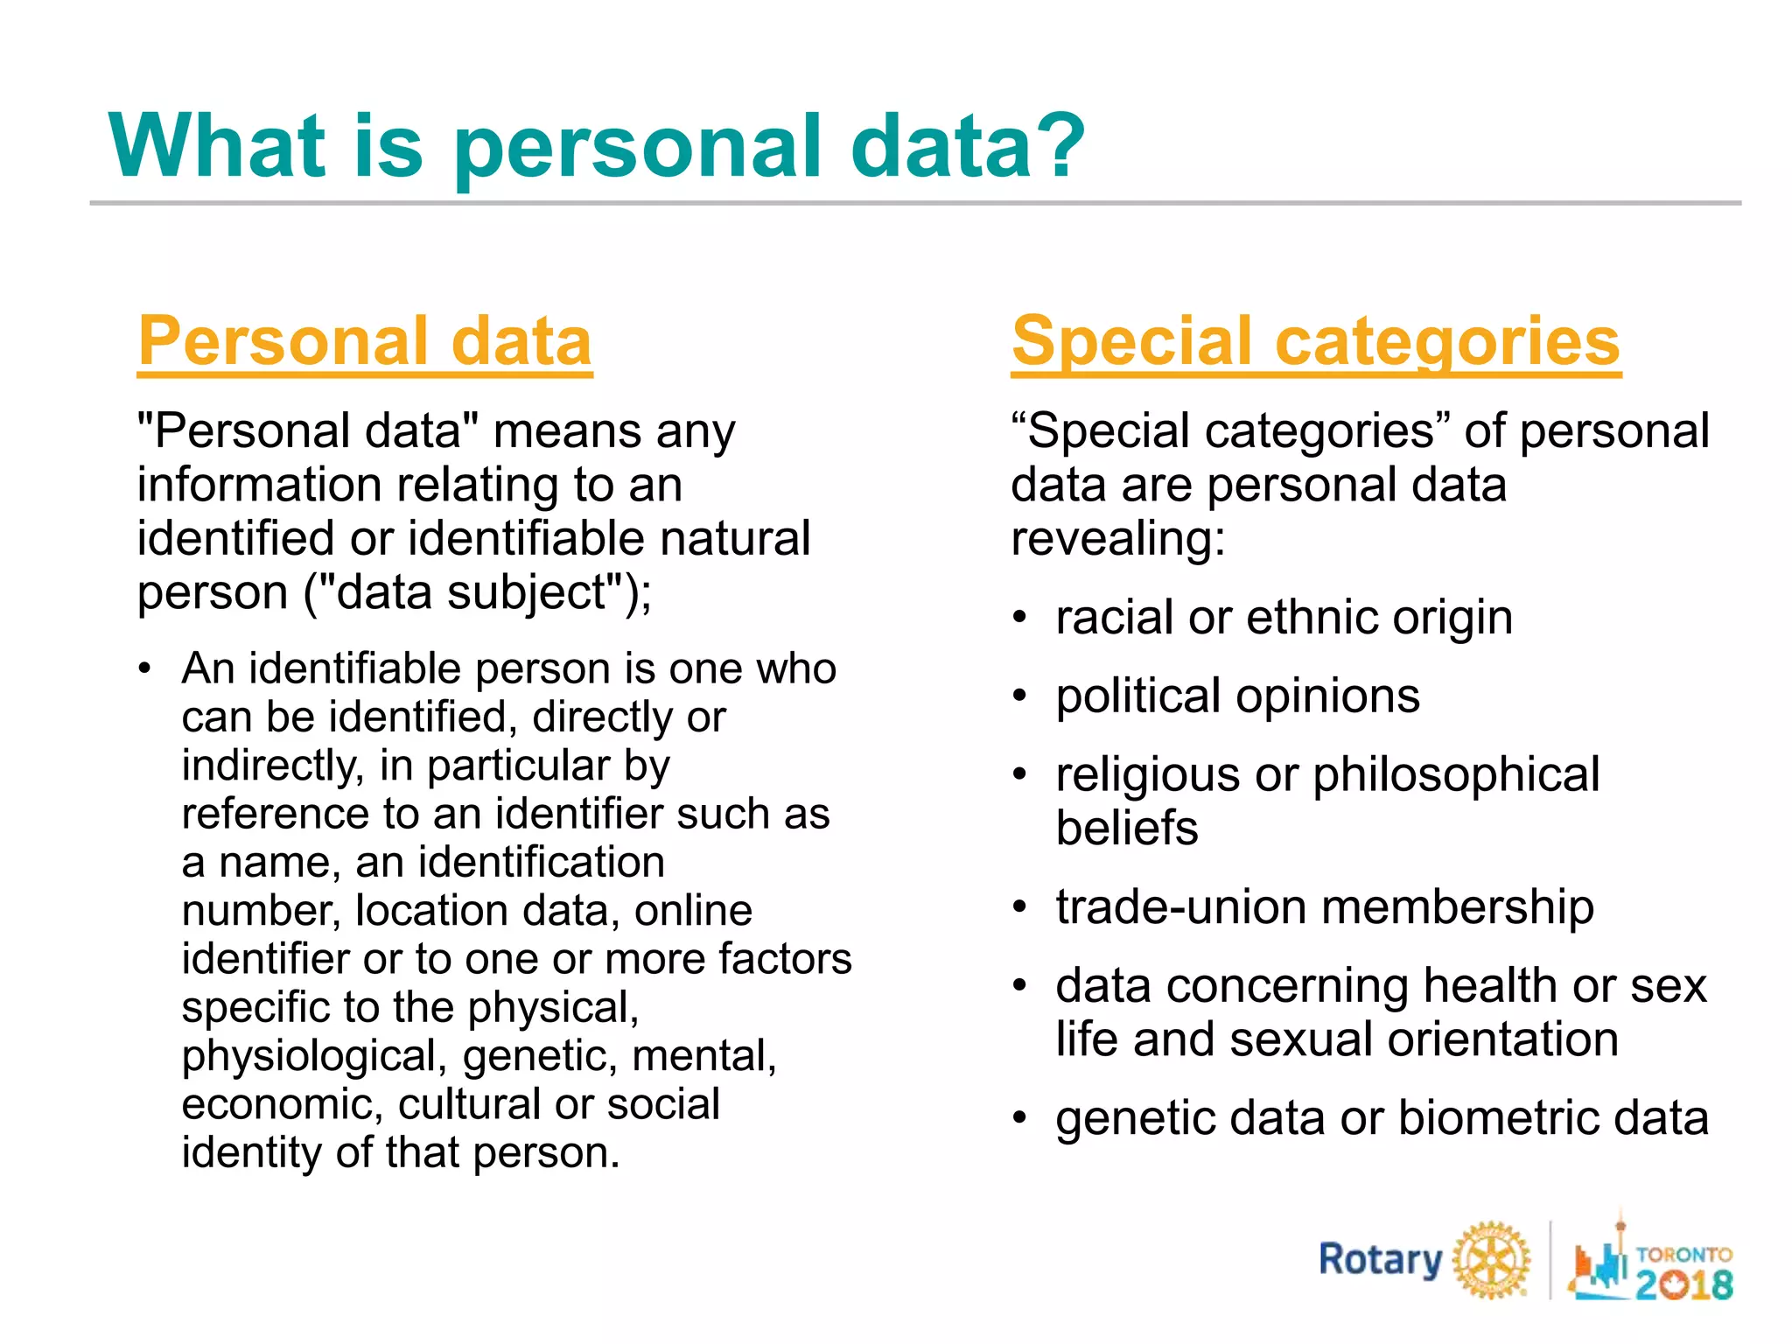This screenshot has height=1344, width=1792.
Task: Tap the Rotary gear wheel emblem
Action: coord(1492,1260)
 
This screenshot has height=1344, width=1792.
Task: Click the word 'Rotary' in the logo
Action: coord(1380,1260)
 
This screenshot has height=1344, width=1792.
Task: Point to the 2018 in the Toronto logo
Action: coord(1684,1284)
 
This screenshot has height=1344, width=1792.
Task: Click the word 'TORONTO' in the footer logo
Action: coord(1683,1255)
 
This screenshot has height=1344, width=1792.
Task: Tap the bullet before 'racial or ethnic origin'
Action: coord(1019,618)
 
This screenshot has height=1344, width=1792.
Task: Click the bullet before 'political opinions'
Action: coord(1019,696)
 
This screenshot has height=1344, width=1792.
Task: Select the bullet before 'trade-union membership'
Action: coord(1019,907)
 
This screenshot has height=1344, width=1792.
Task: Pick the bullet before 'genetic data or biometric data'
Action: coord(1019,1118)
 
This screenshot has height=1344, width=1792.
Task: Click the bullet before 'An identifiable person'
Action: coord(145,669)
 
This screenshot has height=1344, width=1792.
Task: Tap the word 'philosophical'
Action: coord(1456,775)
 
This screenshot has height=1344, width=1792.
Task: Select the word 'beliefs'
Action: coord(1127,829)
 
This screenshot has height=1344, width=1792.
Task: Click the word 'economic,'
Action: coord(283,1104)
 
